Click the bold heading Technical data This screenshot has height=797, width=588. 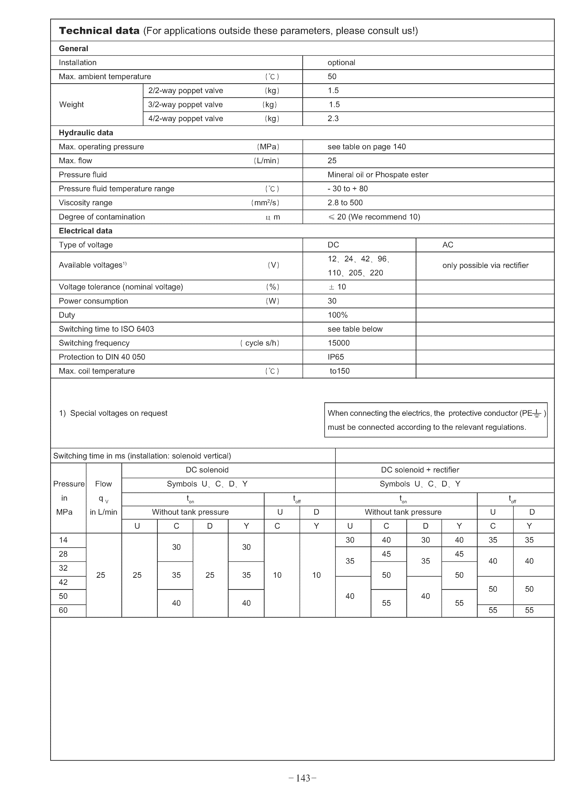click(x=99, y=31)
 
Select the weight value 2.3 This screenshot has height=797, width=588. click(x=333, y=119)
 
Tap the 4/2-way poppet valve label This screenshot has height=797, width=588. click(x=185, y=119)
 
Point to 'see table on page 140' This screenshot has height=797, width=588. click(x=367, y=147)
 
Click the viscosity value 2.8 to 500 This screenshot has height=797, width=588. click(x=345, y=203)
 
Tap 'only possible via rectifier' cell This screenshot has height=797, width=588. click(x=485, y=266)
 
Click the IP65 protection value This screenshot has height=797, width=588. click(x=336, y=357)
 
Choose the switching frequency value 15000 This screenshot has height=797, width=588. click(x=339, y=343)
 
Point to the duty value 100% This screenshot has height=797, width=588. click(x=337, y=315)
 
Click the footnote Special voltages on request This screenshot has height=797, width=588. click(x=113, y=413)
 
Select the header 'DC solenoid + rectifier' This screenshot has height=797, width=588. click(x=420, y=470)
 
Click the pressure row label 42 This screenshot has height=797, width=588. click(x=63, y=582)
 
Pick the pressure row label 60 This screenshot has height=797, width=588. click(x=63, y=610)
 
